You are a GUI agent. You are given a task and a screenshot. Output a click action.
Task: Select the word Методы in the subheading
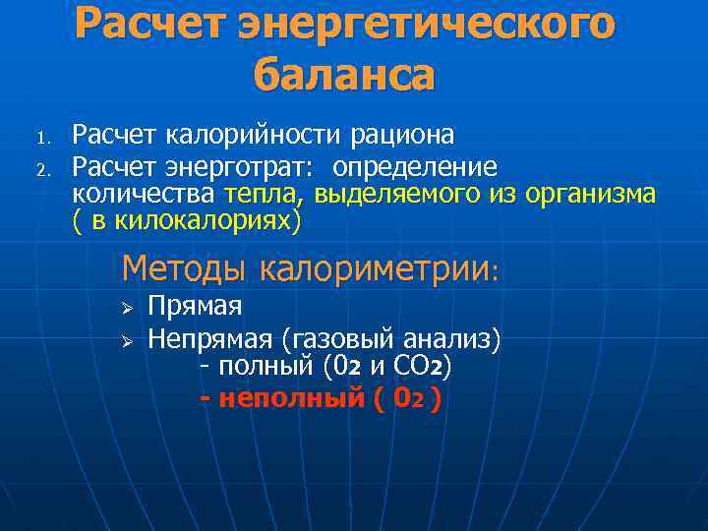[x=186, y=266]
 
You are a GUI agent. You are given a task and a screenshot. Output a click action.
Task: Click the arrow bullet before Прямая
[x=125, y=309]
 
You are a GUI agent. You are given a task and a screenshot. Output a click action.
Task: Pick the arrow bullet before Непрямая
[x=125, y=341]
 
